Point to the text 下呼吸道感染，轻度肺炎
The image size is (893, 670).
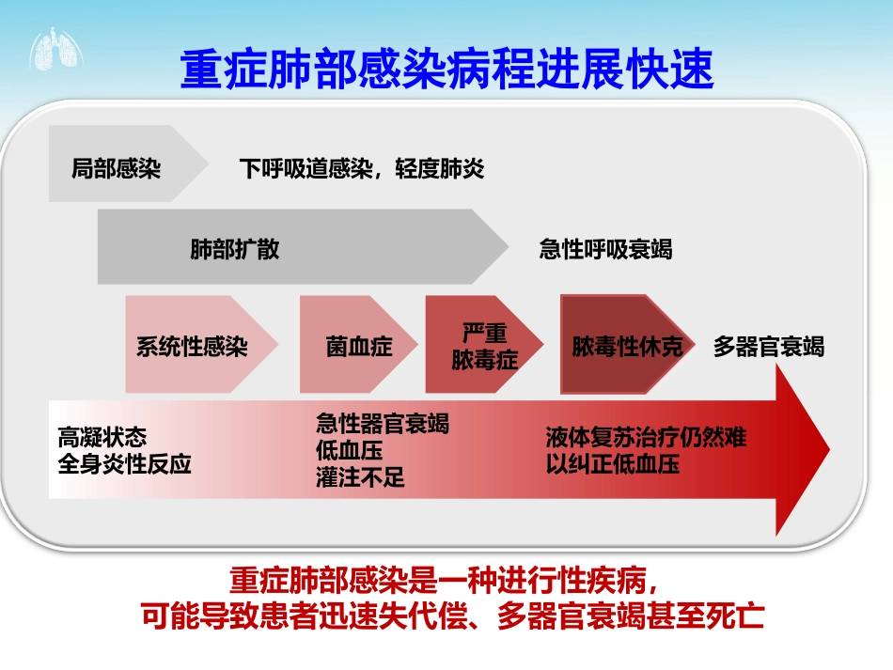362,169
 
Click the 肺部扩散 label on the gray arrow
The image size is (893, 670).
235,250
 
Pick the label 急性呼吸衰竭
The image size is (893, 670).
605,250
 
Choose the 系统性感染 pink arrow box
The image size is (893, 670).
192,346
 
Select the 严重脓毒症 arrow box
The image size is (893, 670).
484,346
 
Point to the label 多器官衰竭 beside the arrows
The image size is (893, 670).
769,346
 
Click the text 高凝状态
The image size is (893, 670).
102,439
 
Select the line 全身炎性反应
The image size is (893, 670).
124,464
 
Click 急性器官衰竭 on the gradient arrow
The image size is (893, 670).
383,424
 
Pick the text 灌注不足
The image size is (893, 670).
361,476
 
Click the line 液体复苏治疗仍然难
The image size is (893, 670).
647,438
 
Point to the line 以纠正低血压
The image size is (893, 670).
613,464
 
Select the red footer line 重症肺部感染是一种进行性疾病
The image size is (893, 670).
450,576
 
